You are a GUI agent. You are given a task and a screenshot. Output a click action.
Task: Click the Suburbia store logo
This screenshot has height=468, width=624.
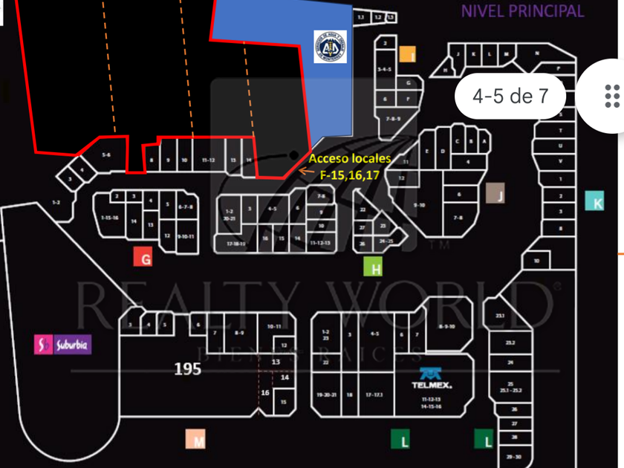coord(62,345)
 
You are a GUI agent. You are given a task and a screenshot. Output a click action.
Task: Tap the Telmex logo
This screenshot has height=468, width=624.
coord(432,379)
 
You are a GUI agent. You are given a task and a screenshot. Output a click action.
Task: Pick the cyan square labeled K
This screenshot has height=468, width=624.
coord(594,201)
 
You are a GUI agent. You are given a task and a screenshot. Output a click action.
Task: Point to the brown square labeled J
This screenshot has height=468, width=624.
coord(495,193)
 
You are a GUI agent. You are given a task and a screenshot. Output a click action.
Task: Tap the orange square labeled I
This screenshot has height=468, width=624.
coord(407,54)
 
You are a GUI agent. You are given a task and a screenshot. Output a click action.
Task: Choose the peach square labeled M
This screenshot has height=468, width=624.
coord(198,440)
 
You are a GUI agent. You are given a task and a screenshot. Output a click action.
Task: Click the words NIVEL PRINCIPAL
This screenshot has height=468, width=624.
coord(521,10)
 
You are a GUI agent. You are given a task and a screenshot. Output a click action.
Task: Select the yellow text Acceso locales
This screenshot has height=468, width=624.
coord(349,159)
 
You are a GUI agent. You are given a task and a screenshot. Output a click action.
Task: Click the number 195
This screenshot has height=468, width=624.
coord(187,368)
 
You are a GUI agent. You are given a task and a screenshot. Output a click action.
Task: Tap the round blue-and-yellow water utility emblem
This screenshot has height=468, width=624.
coord(329,47)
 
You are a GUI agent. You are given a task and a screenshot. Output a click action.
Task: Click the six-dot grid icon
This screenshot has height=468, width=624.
coord(612,96)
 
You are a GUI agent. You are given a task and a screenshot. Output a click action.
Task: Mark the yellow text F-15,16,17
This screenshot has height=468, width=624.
coord(350,175)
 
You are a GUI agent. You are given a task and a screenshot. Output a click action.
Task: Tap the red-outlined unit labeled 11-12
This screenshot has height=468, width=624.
coord(209,160)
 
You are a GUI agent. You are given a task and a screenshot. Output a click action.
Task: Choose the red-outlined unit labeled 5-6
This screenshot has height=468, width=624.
coord(106,155)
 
